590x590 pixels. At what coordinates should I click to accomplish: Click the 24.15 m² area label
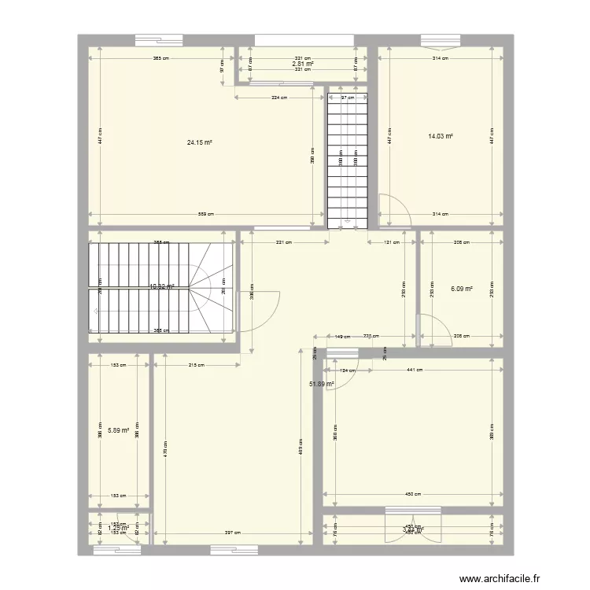pyautogui.click(x=200, y=142)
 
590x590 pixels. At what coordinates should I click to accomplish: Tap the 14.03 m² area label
pyautogui.click(x=441, y=136)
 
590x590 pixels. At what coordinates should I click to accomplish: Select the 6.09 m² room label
pyautogui.click(x=461, y=289)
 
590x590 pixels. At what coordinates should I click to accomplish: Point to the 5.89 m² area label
pyautogui.click(x=119, y=430)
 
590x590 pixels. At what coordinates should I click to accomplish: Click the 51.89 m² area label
pyautogui.click(x=321, y=384)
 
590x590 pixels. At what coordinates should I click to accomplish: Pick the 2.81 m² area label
pyautogui.click(x=303, y=64)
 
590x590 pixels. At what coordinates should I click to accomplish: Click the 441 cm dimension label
pyautogui.click(x=415, y=369)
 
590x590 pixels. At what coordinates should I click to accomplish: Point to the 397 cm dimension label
pyautogui.click(x=232, y=533)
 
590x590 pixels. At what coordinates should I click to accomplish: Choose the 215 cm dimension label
pyautogui.click(x=197, y=365)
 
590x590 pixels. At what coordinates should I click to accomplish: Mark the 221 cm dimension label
pyautogui.click(x=282, y=242)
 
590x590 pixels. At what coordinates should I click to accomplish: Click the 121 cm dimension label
pyautogui.click(x=391, y=242)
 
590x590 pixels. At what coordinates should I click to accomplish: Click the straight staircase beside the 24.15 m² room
pyautogui.click(x=347, y=157)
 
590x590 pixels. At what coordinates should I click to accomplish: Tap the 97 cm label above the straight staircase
pyautogui.click(x=347, y=98)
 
